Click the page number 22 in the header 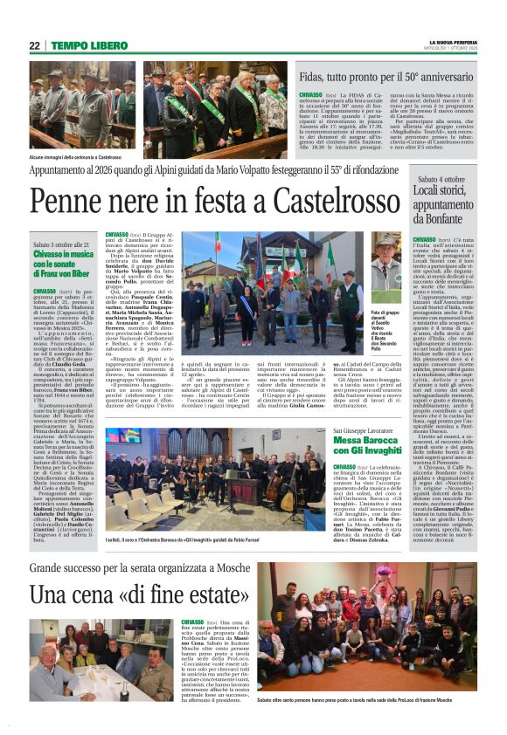click(35, 45)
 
